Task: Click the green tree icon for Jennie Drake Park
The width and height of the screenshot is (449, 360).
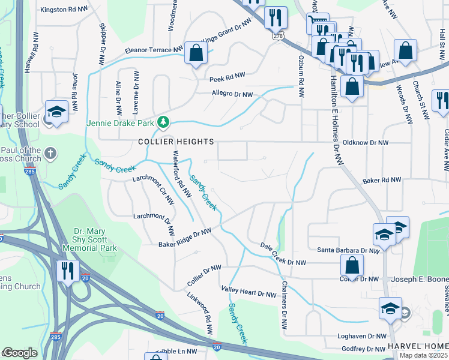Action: pos(163,123)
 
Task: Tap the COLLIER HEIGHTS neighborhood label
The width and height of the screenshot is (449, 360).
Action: pos(176,142)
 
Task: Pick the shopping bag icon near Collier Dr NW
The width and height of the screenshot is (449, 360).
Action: pos(352,264)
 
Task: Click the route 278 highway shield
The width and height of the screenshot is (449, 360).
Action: pos(277,36)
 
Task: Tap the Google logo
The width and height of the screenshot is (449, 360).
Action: pos(20,353)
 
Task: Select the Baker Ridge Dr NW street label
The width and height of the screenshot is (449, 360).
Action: pos(185,238)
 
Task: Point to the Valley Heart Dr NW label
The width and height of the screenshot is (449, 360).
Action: pos(249,292)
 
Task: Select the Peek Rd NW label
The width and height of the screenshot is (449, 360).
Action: pos(227,77)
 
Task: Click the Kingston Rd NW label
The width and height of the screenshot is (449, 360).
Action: pos(62,10)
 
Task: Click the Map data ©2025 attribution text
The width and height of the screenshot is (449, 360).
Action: pos(423,355)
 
